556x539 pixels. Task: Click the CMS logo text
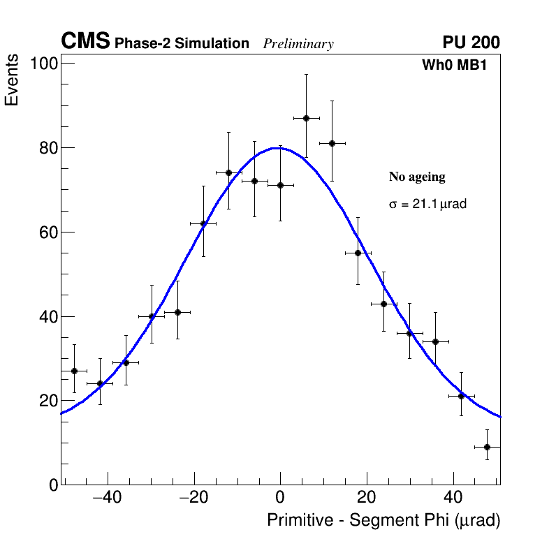point(85,42)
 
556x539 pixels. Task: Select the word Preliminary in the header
point(298,44)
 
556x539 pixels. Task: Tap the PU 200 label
point(471,43)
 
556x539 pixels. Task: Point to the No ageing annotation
point(417,177)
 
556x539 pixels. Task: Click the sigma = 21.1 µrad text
point(427,205)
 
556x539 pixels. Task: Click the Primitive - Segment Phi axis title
point(383,520)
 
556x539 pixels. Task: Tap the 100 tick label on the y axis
point(43,64)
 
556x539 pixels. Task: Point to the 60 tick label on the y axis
point(47,232)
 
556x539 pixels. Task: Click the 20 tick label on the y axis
point(47,401)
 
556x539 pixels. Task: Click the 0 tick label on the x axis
point(280,499)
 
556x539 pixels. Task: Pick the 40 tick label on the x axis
point(453,499)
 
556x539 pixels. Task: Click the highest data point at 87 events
point(306,118)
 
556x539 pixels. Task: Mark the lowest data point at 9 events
point(487,447)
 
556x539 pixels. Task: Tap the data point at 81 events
point(332,143)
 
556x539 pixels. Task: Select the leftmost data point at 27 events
point(74,371)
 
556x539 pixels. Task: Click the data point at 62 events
point(203,223)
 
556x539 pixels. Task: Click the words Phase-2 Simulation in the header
point(182,44)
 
